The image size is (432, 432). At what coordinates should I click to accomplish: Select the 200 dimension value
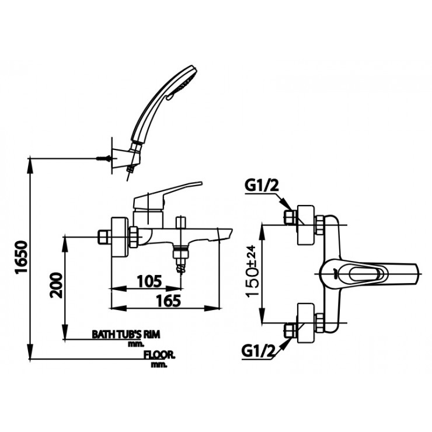[56, 284]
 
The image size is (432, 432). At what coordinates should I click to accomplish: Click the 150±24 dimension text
[253, 271]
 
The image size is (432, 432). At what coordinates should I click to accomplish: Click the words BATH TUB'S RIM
[126, 335]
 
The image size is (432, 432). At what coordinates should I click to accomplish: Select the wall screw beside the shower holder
[103, 158]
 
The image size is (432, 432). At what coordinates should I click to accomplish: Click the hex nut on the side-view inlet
[104, 238]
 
